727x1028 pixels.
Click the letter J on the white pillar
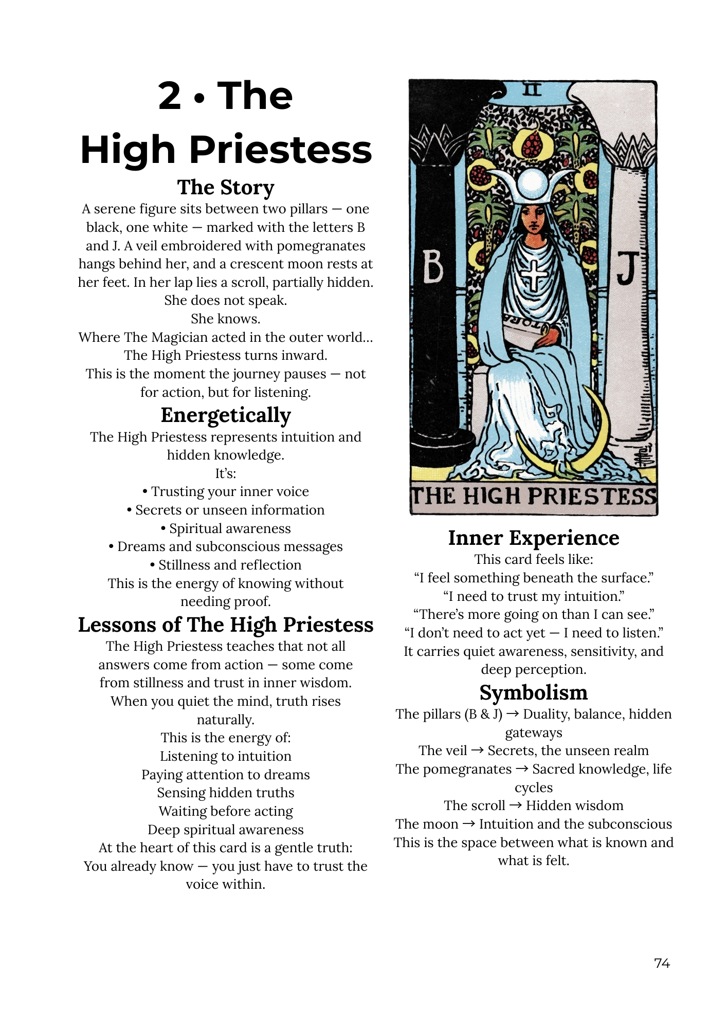tap(628, 269)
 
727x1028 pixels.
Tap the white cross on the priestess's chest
tap(535, 276)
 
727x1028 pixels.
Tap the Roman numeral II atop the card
tap(533, 90)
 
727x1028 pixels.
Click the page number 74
tap(662, 963)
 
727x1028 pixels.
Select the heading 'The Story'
tap(226, 188)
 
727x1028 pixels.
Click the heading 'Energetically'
tap(226, 415)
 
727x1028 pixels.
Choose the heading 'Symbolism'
tap(533, 692)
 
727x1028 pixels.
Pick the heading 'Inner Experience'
tap(533, 538)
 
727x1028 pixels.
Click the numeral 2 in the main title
tap(170, 96)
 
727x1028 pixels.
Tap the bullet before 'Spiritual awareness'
tap(163, 529)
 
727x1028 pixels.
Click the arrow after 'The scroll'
tap(515, 805)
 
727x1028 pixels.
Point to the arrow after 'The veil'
tap(477, 750)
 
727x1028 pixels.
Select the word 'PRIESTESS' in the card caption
tap(592, 497)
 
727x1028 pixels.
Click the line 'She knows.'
tap(226, 319)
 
